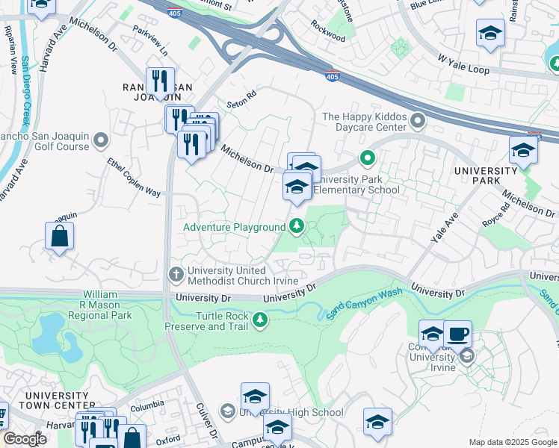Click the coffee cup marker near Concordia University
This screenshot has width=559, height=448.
point(457,334)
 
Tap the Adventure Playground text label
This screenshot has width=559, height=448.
point(235,226)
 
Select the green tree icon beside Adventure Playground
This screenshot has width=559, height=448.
point(297,225)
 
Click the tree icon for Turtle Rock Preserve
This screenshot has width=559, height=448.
point(260,320)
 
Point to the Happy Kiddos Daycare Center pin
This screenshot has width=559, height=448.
point(418,119)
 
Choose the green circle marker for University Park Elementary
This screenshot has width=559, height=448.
point(367,158)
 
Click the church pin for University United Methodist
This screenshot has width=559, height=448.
point(176,274)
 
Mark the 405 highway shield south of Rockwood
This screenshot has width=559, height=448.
point(333,75)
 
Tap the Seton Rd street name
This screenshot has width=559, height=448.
point(241,95)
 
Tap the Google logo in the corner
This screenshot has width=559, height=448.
point(25,439)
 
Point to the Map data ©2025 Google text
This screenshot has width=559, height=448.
point(512,442)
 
